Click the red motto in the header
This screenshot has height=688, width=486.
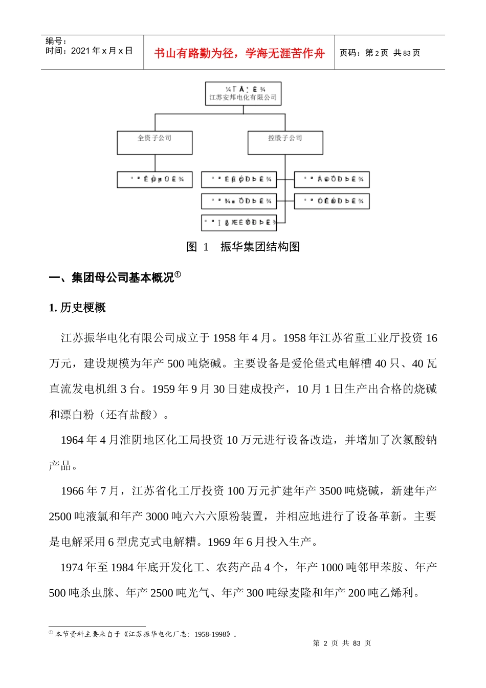click(x=239, y=53)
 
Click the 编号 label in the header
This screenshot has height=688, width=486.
click(x=56, y=41)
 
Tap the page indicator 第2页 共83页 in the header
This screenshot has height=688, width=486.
click(x=380, y=53)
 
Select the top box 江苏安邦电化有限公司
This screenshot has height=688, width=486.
click(x=243, y=94)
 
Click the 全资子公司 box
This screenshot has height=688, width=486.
click(x=154, y=142)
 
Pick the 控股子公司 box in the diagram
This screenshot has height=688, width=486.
click(x=285, y=142)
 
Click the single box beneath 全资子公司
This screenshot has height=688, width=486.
click(x=154, y=180)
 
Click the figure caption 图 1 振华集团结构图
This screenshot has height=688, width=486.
click(x=243, y=247)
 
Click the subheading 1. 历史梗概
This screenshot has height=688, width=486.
click(x=77, y=308)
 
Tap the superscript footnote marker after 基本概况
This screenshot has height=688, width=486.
click(x=178, y=275)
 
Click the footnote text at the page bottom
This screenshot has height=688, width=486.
click(x=146, y=634)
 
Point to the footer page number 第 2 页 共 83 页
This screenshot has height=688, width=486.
click(x=342, y=643)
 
